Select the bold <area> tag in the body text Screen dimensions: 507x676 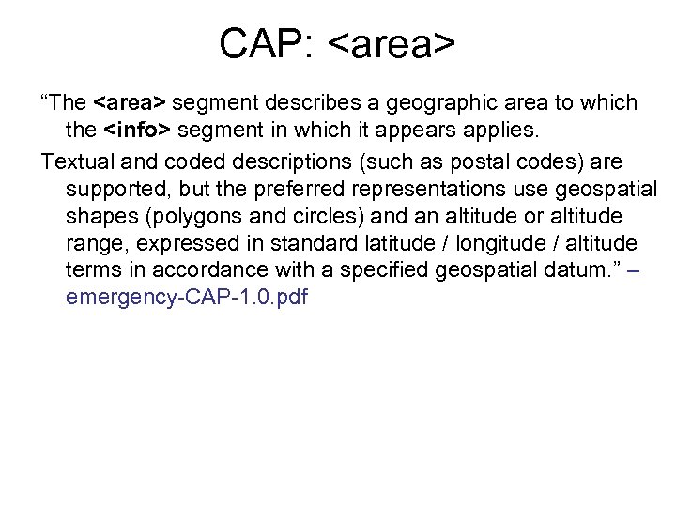[131, 101]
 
